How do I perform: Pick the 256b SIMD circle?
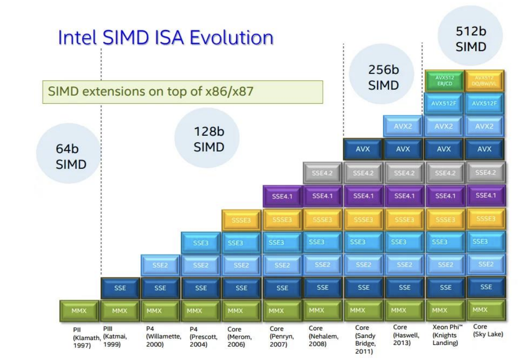383,78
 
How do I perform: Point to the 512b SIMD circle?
470,39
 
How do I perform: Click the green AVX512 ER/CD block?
444,80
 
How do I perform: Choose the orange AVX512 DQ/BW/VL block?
484,80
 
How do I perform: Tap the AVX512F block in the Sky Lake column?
484,103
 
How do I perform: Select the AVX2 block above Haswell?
403,126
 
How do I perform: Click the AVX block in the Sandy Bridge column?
363,149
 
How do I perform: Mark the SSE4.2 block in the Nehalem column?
322,173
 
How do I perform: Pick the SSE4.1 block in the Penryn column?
282,196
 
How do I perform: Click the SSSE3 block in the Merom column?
241,220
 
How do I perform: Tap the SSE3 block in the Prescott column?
200,243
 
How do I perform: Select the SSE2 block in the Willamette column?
160,265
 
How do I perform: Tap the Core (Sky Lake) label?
487,330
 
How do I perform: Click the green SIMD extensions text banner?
182,92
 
